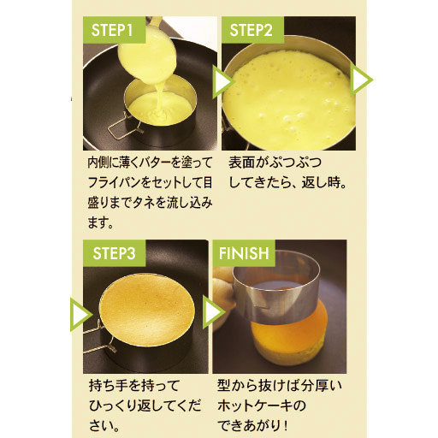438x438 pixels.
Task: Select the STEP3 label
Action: click(x=114, y=253)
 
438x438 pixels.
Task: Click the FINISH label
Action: click(x=244, y=253)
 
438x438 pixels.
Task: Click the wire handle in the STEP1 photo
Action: click(x=124, y=127)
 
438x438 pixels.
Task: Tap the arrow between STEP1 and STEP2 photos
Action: click(x=223, y=81)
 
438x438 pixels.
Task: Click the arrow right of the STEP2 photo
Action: click(x=361, y=80)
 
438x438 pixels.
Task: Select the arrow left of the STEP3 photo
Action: click(x=81, y=315)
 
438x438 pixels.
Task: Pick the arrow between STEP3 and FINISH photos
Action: click(x=214, y=312)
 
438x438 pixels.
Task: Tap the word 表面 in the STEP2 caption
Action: click(x=241, y=163)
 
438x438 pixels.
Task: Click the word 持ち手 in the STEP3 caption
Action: click(x=109, y=386)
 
